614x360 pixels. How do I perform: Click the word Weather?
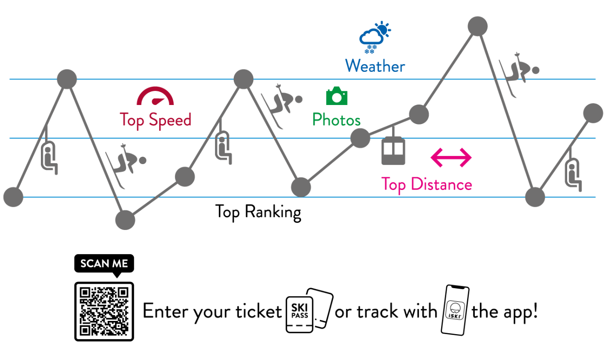[x=375, y=66]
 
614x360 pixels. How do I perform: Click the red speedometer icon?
[x=155, y=96]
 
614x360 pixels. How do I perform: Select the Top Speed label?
[x=155, y=120]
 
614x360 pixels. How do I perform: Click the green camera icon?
[x=337, y=96]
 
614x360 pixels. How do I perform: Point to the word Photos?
[x=336, y=120]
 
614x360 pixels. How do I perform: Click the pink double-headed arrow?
[x=451, y=157]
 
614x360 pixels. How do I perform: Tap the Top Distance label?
[x=426, y=185]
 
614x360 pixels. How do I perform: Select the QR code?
[x=104, y=311]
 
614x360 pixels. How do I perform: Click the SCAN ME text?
[x=104, y=264]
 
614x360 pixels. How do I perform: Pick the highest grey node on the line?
[x=478, y=26]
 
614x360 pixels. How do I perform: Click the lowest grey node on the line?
[x=125, y=220]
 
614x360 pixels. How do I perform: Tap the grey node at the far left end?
[x=13, y=197]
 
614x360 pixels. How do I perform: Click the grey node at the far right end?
[x=593, y=113]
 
